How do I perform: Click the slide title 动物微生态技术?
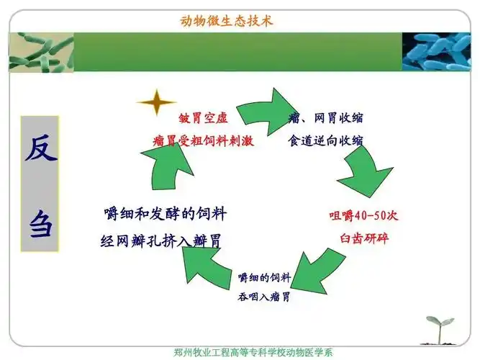tap(227, 20)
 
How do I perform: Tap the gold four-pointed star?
tap(156, 103)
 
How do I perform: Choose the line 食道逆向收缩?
tap(325, 140)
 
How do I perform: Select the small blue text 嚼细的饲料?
tap(264, 276)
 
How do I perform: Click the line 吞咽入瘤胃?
tap(264, 296)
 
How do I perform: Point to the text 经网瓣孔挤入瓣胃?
tap(160, 240)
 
